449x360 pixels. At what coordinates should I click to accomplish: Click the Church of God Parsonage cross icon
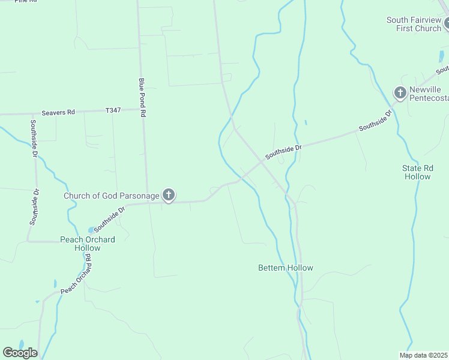click(x=169, y=195)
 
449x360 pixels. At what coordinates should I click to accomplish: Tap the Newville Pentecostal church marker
click(x=400, y=93)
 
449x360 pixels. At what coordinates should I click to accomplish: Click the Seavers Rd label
click(x=58, y=112)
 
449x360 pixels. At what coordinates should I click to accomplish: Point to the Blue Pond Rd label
click(x=142, y=97)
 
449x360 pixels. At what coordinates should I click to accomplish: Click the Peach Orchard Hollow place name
click(x=87, y=243)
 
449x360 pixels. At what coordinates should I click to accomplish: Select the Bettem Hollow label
click(x=286, y=268)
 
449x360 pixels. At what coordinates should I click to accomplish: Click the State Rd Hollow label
click(x=417, y=172)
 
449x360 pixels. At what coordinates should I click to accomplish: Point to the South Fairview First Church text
click(x=414, y=24)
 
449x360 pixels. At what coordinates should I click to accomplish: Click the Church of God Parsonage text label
click(x=112, y=196)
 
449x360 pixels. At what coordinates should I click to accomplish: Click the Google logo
click(x=20, y=353)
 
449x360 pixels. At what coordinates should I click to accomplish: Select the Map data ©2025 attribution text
click(x=423, y=355)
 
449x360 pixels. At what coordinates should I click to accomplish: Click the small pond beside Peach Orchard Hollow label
click(x=91, y=230)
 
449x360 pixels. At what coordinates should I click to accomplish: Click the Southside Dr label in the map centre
click(x=283, y=151)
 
